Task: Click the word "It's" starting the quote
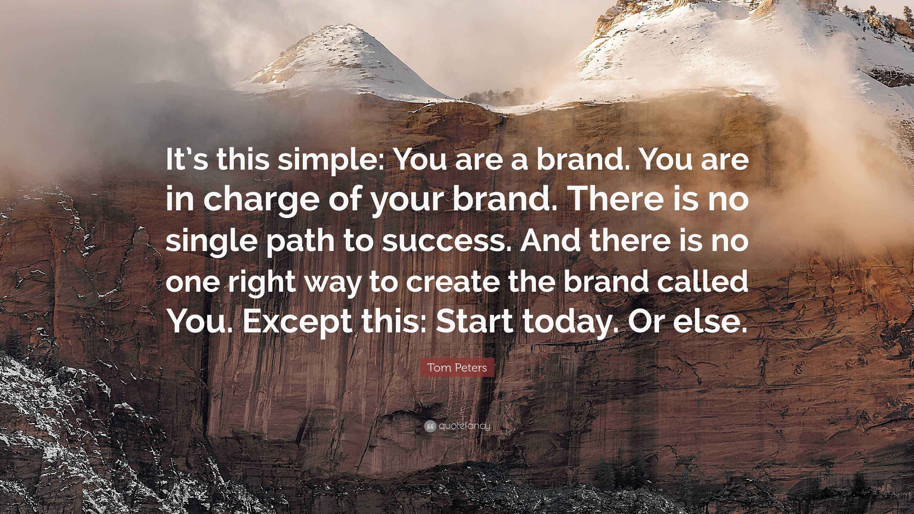tap(187, 160)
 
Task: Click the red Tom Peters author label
tap(457, 367)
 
